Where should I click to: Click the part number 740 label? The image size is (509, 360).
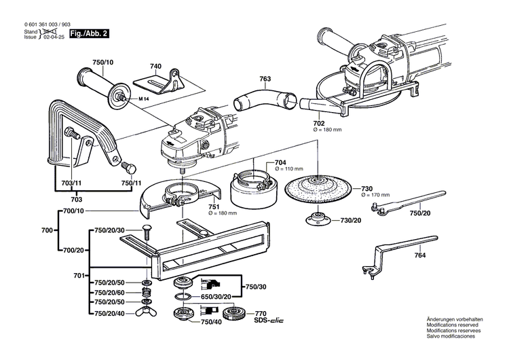pos(156,66)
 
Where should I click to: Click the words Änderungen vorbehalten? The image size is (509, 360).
pos(454,319)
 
